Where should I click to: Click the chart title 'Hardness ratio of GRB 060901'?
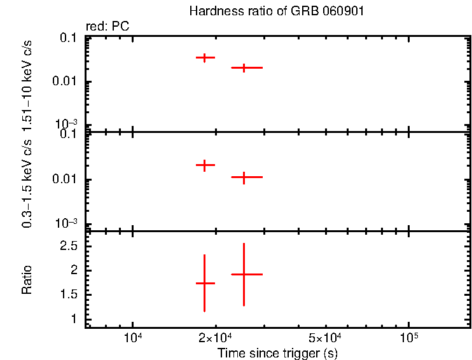click(277, 12)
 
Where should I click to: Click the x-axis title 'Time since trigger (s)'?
click(277, 352)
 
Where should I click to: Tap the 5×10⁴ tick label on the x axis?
click(325, 336)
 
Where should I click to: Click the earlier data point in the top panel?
click(205, 58)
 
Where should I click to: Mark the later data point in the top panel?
click(243, 67)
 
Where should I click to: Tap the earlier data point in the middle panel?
click(205, 165)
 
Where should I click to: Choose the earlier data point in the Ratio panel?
click(205, 283)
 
